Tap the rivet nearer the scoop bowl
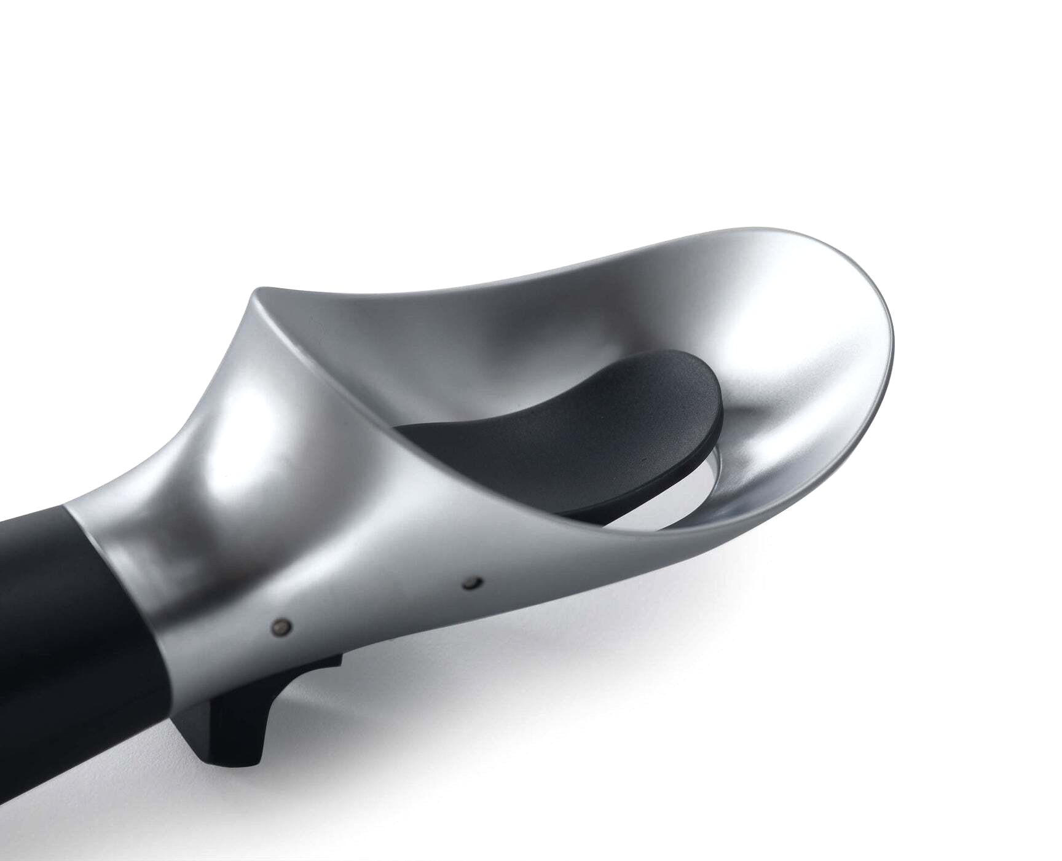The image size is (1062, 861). [473, 582]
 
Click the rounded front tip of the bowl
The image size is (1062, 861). [885, 344]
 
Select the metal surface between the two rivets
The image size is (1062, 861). [378, 605]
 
